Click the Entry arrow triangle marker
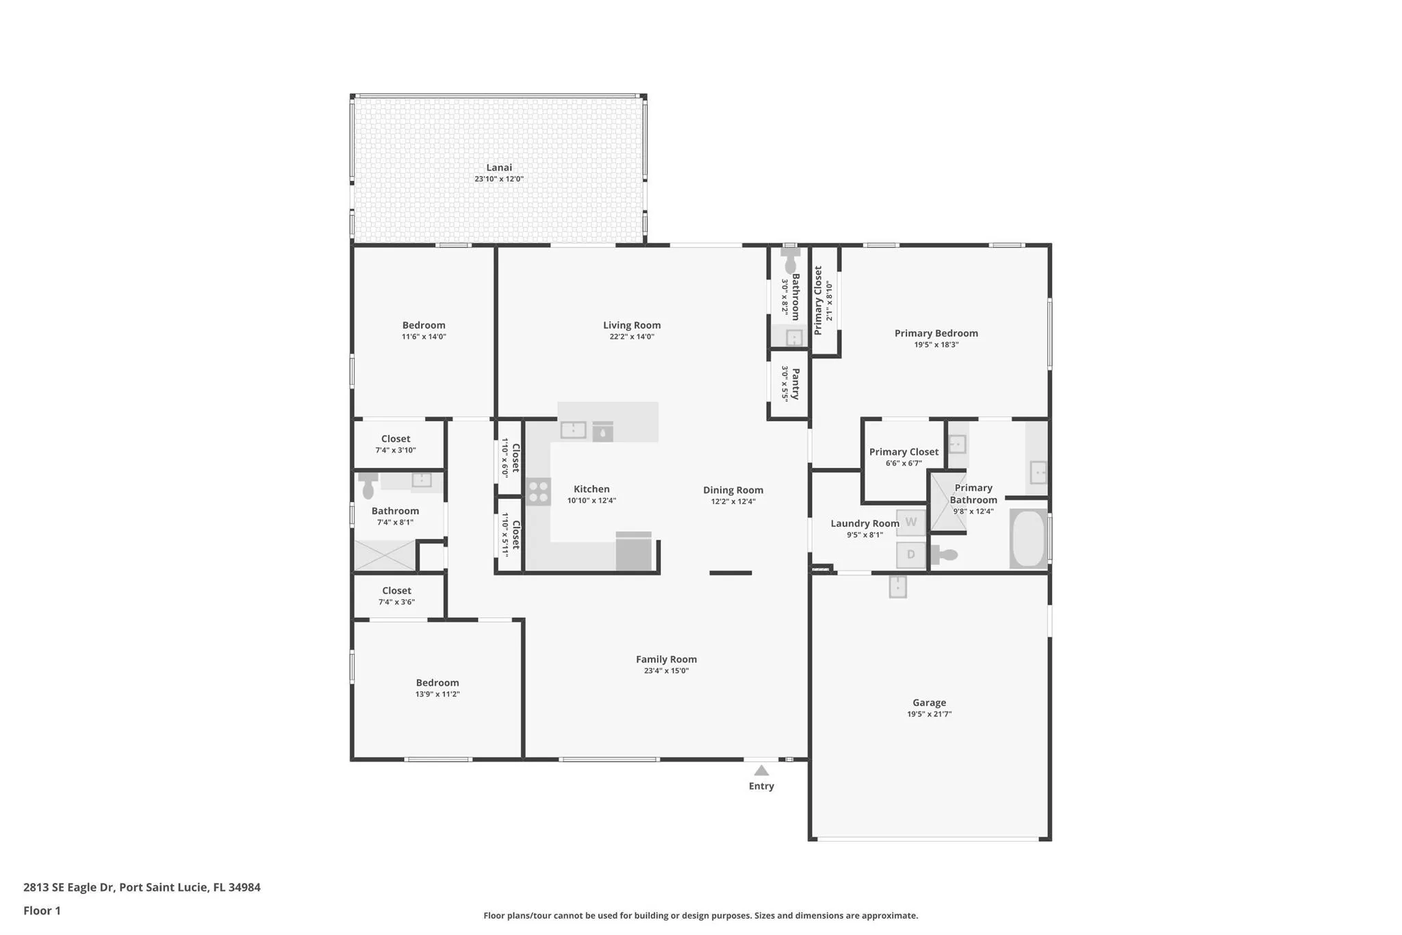click(761, 771)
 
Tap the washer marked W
click(911, 522)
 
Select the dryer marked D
click(911, 555)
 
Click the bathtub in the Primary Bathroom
click(1028, 538)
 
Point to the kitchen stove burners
click(538, 491)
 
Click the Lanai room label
click(499, 167)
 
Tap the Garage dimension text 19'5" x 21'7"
click(930, 714)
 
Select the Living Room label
click(632, 325)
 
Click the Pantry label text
click(795, 384)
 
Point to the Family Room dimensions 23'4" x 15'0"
click(666, 671)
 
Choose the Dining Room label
click(733, 490)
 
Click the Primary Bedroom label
click(936, 334)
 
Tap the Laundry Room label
click(865, 523)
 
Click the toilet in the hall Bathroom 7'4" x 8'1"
click(368, 485)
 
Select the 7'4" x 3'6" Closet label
click(397, 590)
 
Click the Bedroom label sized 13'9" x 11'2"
click(437, 683)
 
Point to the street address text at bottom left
click(142, 887)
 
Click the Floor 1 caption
click(42, 910)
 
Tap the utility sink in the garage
click(897, 586)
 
